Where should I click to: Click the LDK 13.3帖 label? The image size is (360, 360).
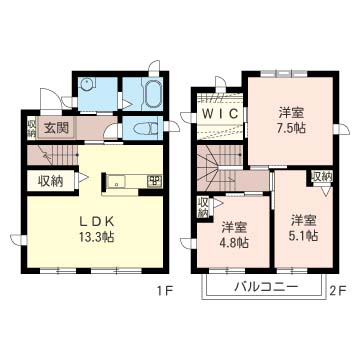point(97,229)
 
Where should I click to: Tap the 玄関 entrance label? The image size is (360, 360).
point(56,128)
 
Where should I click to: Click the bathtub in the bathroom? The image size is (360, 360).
point(153,94)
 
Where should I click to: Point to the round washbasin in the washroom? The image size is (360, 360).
point(88,85)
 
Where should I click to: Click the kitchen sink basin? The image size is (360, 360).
point(117,182)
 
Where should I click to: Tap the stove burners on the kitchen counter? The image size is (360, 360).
point(155,181)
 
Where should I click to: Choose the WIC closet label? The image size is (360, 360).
point(220,114)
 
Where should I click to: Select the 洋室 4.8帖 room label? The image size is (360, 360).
point(234,235)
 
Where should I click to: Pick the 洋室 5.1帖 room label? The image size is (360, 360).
point(303,228)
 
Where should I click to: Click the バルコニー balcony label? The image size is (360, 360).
point(265,287)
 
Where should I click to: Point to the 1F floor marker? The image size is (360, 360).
point(165,292)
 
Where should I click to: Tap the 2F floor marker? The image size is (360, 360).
point(338,292)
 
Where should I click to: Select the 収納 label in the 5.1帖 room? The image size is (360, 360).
point(322,177)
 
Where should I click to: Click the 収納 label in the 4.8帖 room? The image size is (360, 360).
point(202,208)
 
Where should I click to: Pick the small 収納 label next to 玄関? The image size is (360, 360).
point(31,128)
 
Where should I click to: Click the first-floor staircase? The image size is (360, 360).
point(52,155)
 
